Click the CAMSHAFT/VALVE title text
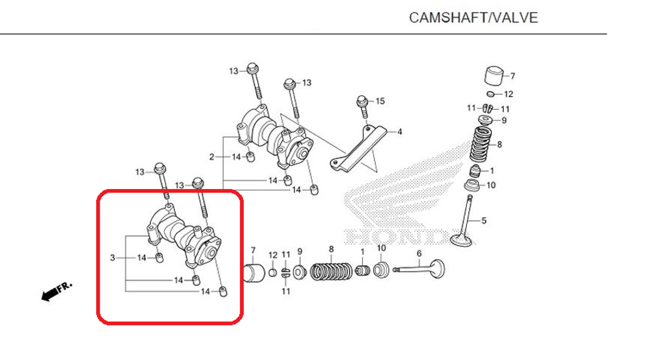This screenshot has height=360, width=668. click(473, 17)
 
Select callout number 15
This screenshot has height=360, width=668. click(380, 101)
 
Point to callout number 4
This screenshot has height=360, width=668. click(399, 132)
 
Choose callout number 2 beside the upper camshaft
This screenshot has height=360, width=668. click(212, 157)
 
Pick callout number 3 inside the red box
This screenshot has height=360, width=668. click(113, 257)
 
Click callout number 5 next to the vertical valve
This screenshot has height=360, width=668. click(484, 220)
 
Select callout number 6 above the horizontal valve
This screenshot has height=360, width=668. click(419, 253)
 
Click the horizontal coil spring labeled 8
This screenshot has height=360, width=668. click(331, 273)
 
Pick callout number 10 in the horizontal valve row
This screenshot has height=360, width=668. click(381, 248)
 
